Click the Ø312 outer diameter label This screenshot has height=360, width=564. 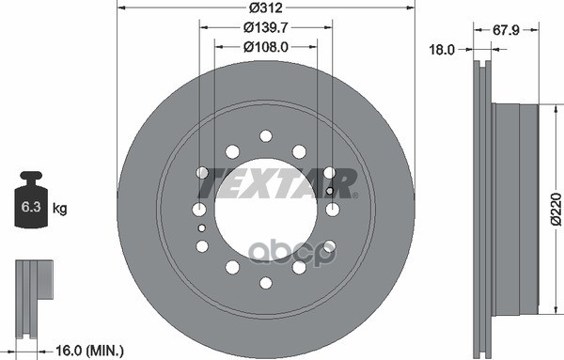point(264,8)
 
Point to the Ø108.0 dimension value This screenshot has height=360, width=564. point(265,45)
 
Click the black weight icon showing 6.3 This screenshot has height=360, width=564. point(33,201)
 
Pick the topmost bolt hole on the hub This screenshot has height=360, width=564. point(265,135)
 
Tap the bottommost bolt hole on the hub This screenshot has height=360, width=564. point(265,282)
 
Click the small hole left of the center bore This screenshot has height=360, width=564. point(203,227)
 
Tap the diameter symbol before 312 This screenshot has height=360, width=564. point(247,8)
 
